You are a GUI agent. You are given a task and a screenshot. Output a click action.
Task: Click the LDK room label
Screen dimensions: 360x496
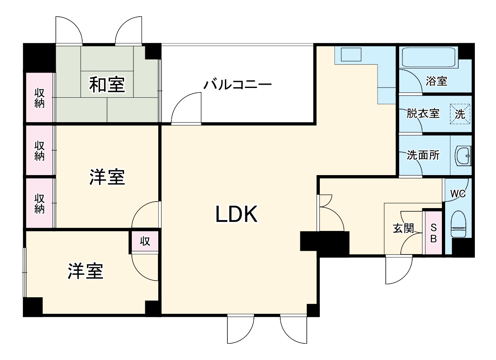[x=236, y=214]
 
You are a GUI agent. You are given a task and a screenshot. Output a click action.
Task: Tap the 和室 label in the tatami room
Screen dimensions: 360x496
[x=107, y=85]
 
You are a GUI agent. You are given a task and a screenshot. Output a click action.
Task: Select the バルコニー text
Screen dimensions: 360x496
[x=238, y=85]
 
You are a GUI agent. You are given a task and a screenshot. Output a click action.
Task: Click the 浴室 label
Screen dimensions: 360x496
[x=436, y=81]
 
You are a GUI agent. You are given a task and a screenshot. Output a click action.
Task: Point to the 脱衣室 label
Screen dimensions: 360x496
[x=423, y=114]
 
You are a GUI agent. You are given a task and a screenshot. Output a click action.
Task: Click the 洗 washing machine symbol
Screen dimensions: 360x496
[x=460, y=114]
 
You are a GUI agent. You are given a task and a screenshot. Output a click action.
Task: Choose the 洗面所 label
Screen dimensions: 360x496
[x=423, y=155]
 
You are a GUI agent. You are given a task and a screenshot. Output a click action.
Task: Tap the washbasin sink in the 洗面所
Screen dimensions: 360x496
[x=463, y=156]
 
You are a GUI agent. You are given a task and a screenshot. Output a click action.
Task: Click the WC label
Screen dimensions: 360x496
[x=458, y=194]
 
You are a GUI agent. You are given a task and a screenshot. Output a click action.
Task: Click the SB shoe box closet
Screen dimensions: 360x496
[x=433, y=233]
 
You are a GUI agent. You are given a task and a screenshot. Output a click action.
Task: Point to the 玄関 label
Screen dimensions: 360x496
[x=403, y=228]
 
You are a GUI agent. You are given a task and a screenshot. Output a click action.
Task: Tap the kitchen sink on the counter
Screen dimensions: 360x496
[x=350, y=55]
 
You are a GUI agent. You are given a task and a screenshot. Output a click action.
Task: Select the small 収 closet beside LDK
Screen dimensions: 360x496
[x=145, y=241]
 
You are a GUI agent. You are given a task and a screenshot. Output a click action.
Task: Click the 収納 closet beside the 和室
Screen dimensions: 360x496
[x=39, y=98]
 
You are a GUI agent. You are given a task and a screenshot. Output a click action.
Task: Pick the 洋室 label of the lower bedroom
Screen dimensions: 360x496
[x=85, y=272]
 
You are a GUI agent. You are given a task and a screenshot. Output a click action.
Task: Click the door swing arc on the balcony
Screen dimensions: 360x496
[x=186, y=108]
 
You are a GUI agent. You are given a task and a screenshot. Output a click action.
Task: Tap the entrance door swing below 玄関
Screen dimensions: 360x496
[x=399, y=270]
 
